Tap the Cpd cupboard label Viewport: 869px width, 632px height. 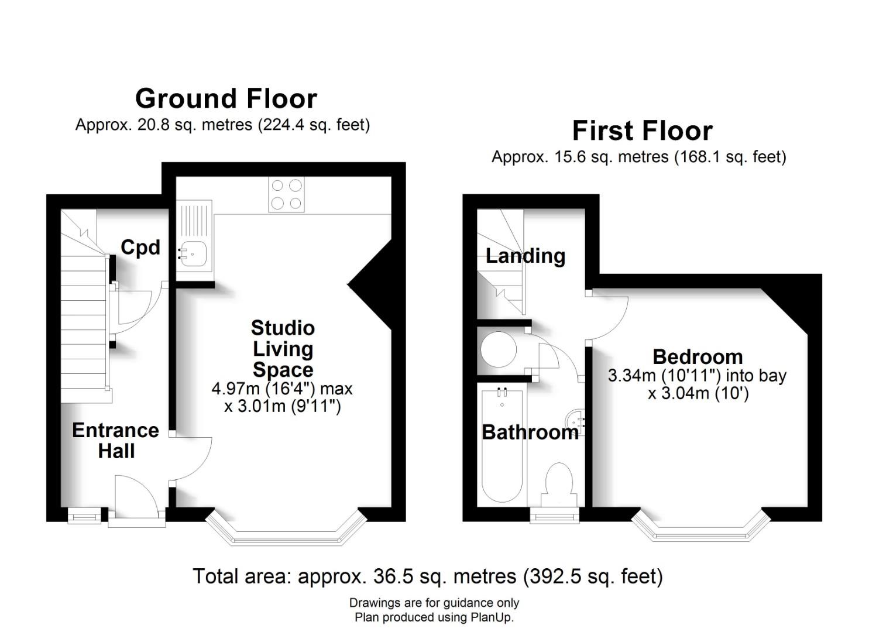pos(140,247)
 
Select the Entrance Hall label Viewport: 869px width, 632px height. pos(116,440)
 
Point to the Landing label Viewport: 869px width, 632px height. pos(525,256)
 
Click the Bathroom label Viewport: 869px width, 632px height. pos(530,432)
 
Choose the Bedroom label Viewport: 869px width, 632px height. pos(698,356)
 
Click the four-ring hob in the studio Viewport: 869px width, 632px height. pos(286,194)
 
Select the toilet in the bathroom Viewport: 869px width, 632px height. pos(559,485)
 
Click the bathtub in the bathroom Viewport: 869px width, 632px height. pos(502,446)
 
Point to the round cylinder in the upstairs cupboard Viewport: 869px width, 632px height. pos(499,349)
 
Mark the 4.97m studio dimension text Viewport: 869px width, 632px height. pos(282,389)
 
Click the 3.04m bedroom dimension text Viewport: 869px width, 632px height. pos(698,393)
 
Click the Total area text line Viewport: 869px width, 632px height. pos(428,576)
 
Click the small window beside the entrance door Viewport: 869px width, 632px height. pos(84,516)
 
